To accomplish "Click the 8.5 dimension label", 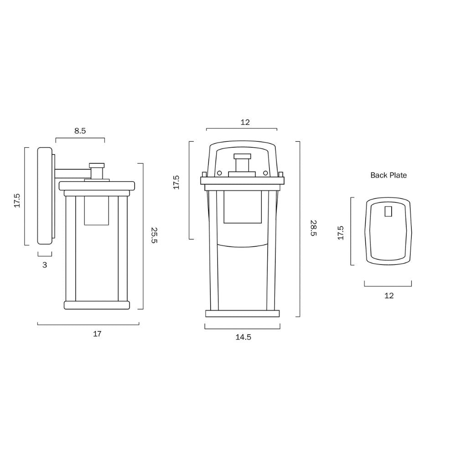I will [80, 131].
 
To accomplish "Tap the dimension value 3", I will [45, 264].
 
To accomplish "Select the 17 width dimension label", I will [97, 334].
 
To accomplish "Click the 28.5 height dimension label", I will [313, 228].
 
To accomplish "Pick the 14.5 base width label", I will [243, 337].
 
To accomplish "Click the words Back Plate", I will [389, 175].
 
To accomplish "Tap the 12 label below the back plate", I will [389, 295].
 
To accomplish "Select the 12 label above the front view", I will [245, 122].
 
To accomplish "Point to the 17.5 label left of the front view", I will [176, 182].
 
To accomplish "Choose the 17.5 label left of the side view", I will [17, 201].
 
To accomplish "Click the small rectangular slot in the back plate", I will [389, 212].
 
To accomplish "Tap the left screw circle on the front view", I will [219, 173].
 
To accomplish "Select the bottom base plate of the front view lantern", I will [243, 313].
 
